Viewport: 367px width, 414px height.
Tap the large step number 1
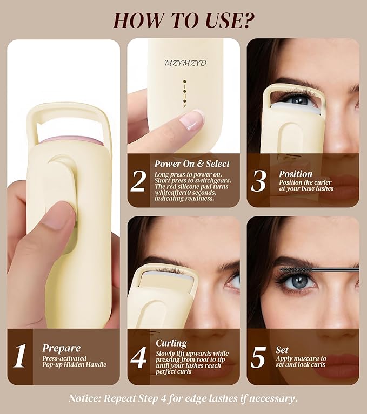point(19,356)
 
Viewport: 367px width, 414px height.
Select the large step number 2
point(138,181)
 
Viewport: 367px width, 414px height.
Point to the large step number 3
point(258,181)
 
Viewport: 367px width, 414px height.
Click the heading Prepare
point(61,348)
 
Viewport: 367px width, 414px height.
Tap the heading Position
point(296,174)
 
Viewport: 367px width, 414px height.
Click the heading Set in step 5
point(283,349)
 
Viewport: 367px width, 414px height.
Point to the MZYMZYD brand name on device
point(185,63)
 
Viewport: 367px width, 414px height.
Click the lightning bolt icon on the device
point(185,106)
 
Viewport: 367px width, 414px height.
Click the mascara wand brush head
point(294,268)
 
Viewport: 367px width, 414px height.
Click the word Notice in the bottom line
point(86,399)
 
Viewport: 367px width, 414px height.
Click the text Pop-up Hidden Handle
point(75,365)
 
